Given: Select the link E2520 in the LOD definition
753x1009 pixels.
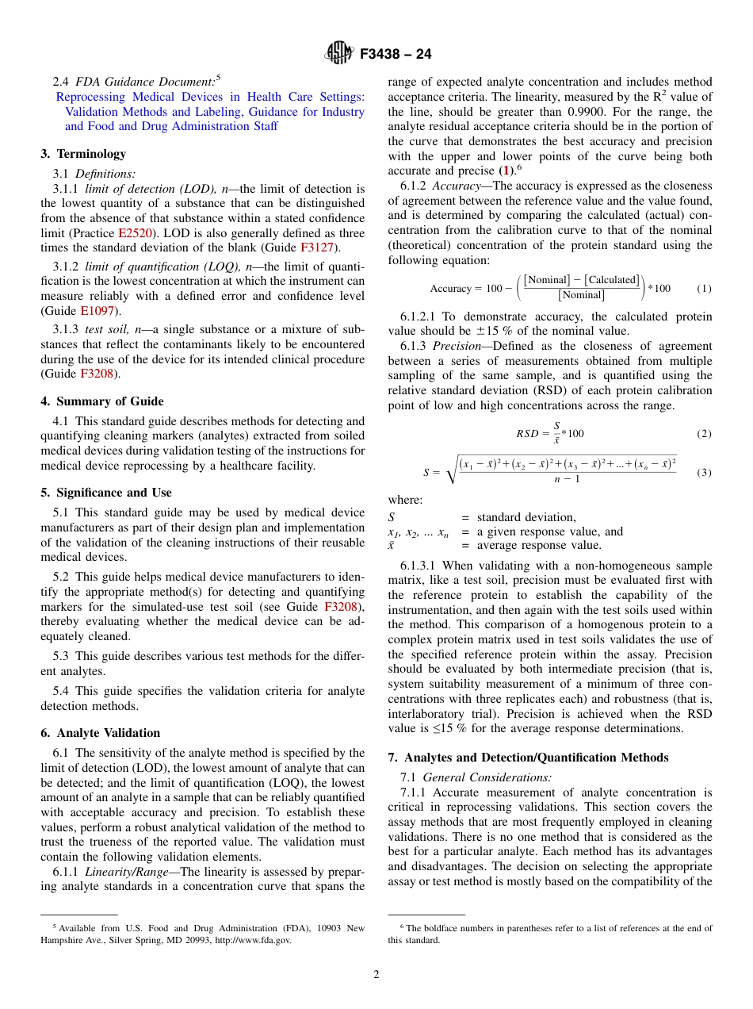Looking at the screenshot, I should click(134, 234).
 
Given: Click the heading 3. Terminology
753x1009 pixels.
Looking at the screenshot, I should click(83, 154).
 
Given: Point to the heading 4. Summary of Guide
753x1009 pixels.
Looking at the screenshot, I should click(102, 401).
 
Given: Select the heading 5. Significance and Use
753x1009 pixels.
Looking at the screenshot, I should click(106, 493).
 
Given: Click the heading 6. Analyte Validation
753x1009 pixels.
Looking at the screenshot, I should click(100, 733).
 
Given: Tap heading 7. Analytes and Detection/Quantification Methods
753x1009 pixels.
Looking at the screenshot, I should click(528, 758).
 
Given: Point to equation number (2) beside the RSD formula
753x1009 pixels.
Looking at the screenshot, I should click(704, 434).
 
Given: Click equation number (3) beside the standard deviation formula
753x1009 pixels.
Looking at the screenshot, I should click(704, 473).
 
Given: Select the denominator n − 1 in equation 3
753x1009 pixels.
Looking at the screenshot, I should click(567, 479).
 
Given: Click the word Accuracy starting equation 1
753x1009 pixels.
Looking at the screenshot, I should click(450, 289).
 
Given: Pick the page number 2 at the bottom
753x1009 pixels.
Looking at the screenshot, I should click(376, 975).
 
